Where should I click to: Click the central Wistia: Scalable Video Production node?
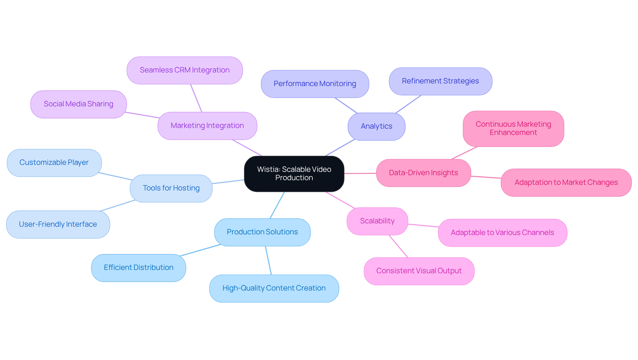[294, 174]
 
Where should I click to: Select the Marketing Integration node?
[207, 126]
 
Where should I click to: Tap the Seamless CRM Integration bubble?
[184, 70]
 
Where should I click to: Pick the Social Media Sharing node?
[78, 104]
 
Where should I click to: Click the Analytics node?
[376, 126]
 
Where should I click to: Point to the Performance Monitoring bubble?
[315, 84]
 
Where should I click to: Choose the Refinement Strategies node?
[440, 81]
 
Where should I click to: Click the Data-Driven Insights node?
[423, 173]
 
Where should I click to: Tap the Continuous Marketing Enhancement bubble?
[513, 129]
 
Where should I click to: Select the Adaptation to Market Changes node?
[566, 182]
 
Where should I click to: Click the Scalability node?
[377, 221]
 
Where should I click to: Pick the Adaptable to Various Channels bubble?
[502, 233]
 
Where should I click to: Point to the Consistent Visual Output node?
[419, 271]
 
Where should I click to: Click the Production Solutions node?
[262, 232]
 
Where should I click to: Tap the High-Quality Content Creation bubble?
[274, 288]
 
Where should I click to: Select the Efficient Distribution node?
[139, 268]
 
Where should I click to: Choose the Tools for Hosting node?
[171, 188]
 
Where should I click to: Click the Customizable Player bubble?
[54, 163]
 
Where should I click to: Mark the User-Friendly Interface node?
[58, 224]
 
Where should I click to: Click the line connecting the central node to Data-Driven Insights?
[360, 173]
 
